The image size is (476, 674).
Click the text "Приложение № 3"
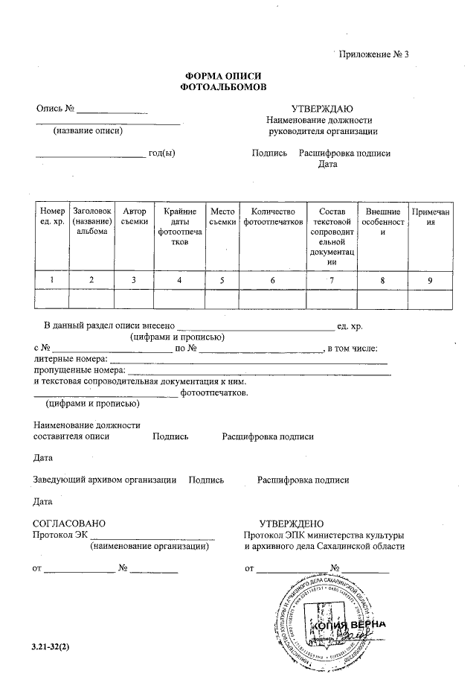[374, 54]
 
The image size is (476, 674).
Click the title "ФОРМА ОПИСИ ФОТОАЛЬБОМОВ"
[223, 82]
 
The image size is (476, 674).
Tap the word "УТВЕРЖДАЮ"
[321, 109]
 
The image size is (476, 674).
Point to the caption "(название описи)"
[88, 131]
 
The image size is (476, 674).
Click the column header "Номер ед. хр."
[52, 217]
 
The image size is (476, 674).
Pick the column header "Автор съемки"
[134, 217]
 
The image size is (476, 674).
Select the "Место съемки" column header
[222, 217]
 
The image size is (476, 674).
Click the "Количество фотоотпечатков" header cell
[273, 217]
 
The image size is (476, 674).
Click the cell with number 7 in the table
[332, 280]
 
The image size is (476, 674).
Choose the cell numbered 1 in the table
[52, 280]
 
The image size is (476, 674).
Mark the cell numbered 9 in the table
[430, 280]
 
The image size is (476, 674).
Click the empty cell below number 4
[179, 299]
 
